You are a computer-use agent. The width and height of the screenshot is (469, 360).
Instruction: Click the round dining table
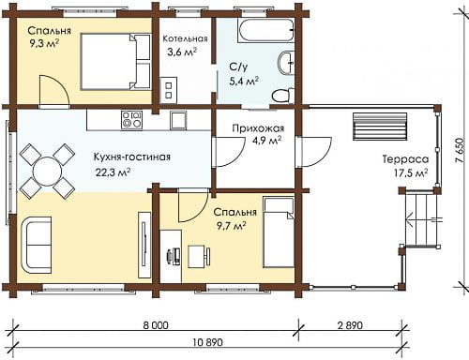(x=47, y=172)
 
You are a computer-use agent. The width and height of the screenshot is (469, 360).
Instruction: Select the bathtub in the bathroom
(x=265, y=31)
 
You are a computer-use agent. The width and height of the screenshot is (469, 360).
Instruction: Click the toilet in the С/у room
(x=283, y=96)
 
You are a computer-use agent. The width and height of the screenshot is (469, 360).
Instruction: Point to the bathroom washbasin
(x=286, y=63)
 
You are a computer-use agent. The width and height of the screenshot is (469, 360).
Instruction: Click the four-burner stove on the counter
(x=131, y=120)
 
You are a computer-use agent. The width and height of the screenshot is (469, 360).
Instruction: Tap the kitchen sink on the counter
(x=178, y=120)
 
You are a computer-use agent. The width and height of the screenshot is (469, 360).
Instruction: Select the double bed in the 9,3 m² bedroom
(x=115, y=62)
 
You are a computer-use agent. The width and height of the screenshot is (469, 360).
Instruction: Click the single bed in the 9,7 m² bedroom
(x=279, y=232)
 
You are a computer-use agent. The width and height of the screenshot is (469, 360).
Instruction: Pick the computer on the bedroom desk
(x=173, y=256)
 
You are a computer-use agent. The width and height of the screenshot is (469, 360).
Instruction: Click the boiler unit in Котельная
(x=169, y=90)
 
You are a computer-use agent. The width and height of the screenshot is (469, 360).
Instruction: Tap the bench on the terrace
(x=380, y=127)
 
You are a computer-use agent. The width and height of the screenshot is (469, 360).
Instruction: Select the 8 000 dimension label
(x=156, y=325)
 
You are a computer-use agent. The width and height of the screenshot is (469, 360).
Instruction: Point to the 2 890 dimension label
(x=350, y=325)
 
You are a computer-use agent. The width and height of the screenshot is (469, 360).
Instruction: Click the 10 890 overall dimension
(x=207, y=342)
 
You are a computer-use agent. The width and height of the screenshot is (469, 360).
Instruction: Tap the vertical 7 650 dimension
(x=459, y=150)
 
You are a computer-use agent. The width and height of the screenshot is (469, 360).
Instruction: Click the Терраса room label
(x=406, y=159)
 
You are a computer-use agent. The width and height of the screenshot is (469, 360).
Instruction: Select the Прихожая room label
(x=258, y=128)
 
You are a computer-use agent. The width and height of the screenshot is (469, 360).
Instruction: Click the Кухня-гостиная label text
(x=132, y=157)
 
